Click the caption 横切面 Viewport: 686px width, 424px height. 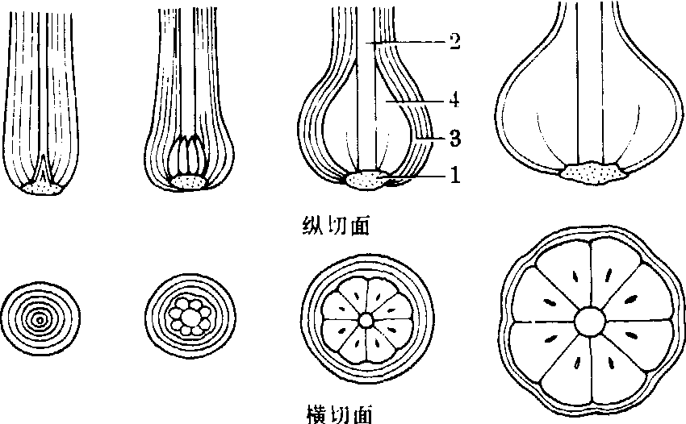pyautogui.click(x=340, y=412)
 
